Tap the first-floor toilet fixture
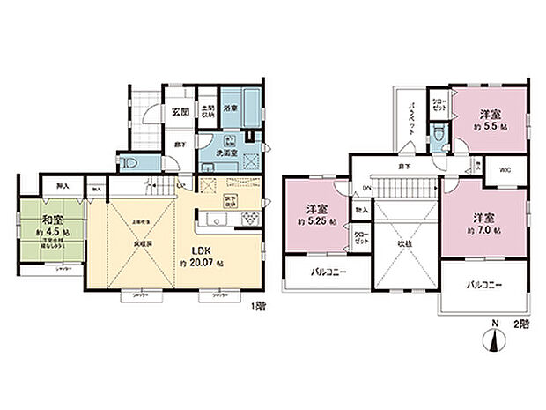128,163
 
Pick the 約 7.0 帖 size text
484,230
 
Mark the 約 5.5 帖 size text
489,126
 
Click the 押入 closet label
62,186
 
